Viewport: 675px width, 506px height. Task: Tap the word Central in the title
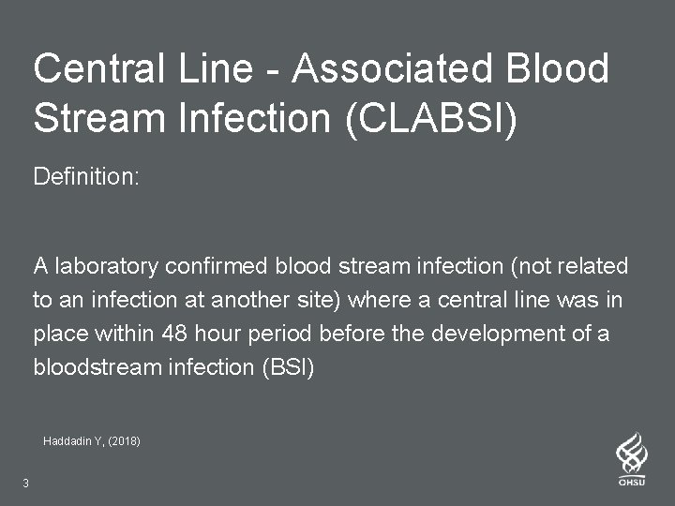[x=93, y=68]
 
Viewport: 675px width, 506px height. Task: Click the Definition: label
[x=86, y=176]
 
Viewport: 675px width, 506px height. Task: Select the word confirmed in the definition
[x=217, y=267]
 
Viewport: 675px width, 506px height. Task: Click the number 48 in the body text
[x=174, y=335]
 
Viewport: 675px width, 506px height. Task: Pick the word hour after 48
[x=220, y=335]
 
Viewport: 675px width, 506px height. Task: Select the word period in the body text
[x=282, y=335]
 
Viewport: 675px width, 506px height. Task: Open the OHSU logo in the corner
[x=631, y=459]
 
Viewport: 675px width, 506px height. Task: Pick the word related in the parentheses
[x=595, y=267]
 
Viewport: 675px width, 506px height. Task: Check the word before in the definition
[x=350, y=335]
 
